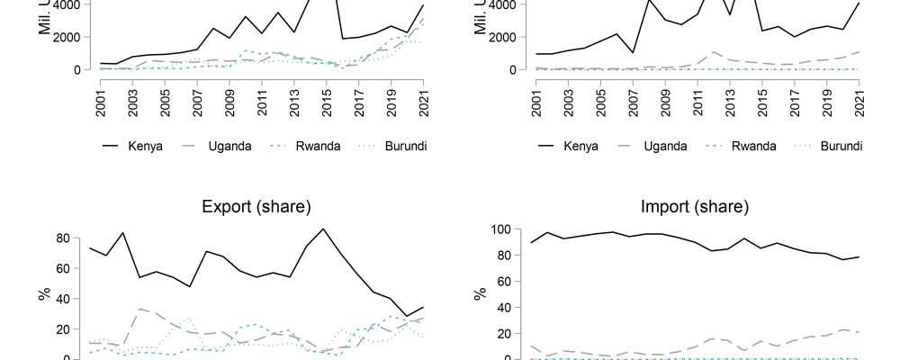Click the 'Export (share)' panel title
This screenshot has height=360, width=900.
256,208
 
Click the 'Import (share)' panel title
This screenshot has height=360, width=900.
695,208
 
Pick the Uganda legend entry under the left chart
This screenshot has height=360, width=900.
234,147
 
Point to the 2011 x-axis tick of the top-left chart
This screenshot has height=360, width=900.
262,94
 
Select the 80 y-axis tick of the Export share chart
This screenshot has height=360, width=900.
64,238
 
